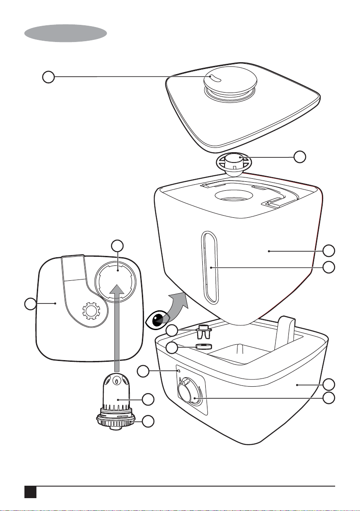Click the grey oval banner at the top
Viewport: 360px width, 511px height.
65,33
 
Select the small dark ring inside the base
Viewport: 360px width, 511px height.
204,346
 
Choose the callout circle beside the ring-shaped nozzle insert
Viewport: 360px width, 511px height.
300,157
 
